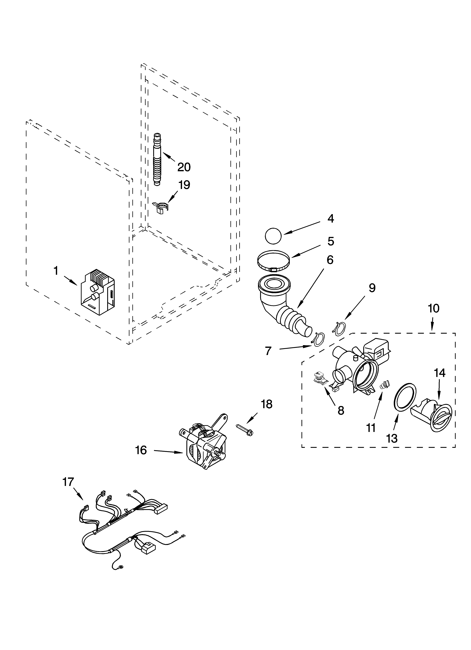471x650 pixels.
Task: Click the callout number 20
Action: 184,167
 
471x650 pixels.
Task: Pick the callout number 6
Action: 330,260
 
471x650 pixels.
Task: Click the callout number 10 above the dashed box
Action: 433,308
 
